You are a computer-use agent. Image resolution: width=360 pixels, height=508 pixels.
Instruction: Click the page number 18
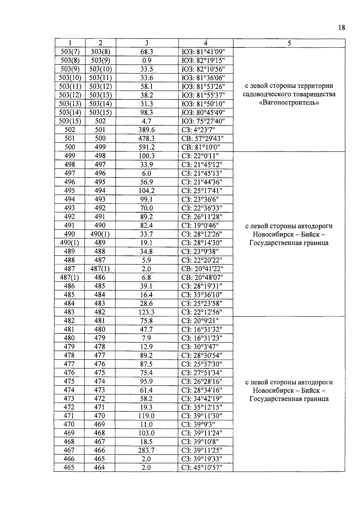[342, 28]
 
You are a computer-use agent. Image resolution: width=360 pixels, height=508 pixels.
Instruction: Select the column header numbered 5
[289, 43]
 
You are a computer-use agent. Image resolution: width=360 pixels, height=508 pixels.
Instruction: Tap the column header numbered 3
[147, 43]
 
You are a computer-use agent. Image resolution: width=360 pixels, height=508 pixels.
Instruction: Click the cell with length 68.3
[147, 52]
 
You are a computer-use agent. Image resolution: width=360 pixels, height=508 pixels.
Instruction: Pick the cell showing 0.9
[147, 61]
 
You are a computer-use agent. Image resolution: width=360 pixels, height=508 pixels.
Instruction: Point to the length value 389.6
[147, 130]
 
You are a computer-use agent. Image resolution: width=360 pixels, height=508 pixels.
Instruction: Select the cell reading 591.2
[147, 147]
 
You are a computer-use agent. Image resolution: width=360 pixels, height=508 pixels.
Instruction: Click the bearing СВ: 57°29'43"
[203, 139]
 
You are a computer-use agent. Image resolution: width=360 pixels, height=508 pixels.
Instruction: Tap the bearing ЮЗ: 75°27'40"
[203, 121]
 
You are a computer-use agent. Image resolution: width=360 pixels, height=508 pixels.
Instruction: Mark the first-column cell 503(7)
[70, 52]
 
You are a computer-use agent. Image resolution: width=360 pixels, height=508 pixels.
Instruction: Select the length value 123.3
[147, 312]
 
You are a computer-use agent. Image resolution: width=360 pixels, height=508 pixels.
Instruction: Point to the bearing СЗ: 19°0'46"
[200, 226]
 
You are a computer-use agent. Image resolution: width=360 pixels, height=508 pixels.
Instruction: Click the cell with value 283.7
[147, 450]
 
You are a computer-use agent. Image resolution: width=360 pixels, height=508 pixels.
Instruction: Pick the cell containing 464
[100, 468]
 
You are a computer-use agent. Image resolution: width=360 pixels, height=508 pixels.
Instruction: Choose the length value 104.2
[147, 191]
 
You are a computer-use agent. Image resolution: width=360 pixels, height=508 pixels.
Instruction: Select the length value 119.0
[147, 416]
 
